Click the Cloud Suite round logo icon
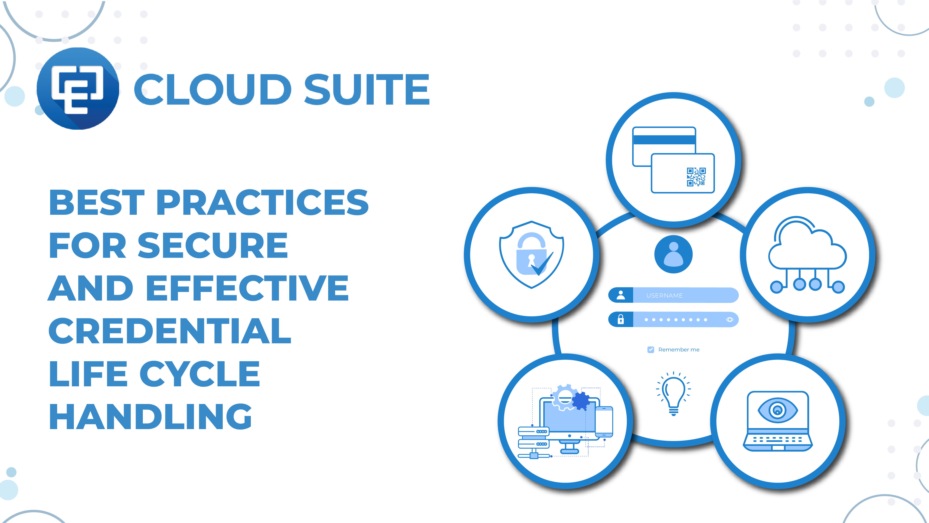pos(78,88)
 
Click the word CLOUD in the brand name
pos(213,89)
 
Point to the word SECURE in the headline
pos(213,245)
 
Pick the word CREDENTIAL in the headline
pos(170,331)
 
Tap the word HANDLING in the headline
pos(150,417)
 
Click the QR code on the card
pos(696,177)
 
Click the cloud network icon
pos(807,255)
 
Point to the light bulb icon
pos(673,394)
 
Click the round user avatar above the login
pos(673,254)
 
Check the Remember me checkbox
pos(651,349)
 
